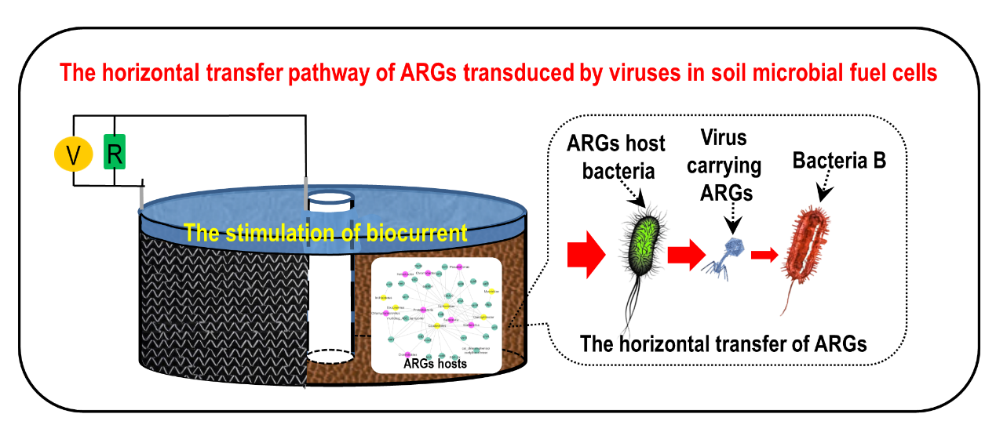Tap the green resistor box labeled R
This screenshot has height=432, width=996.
(115, 152)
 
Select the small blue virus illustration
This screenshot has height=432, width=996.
(727, 255)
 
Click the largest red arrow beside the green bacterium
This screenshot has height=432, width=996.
(586, 254)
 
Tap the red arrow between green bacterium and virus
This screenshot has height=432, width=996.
(685, 254)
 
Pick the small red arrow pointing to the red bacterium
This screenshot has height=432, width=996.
(764, 254)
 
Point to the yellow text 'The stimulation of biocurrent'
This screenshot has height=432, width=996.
(326, 233)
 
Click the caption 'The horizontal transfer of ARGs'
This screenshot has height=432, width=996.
(723, 343)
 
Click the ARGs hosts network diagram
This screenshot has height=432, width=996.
(435, 306)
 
